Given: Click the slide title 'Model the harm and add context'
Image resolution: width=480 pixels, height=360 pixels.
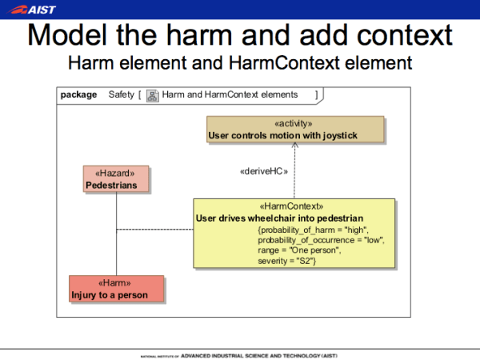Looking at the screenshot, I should (x=240, y=35).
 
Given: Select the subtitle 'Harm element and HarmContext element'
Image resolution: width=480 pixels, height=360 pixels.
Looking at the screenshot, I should (x=240, y=62).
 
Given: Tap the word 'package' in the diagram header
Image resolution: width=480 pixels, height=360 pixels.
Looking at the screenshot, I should (x=78, y=94).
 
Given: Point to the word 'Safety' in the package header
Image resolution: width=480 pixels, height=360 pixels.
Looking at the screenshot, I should (x=122, y=94).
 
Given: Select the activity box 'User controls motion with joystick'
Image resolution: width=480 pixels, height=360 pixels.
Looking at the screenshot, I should (x=295, y=130).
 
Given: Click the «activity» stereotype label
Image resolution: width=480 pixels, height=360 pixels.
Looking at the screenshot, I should (x=294, y=124).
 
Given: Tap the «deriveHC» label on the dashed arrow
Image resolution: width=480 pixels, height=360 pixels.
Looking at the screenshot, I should (x=263, y=170).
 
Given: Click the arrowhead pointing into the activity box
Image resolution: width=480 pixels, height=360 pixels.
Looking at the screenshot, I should (x=294, y=147).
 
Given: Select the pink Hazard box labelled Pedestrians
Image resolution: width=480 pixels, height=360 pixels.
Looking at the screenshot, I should (x=116, y=179).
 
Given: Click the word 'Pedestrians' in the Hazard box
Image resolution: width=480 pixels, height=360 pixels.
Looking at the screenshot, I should (x=111, y=186).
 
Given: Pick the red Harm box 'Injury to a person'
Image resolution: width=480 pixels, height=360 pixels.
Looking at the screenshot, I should (x=116, y=289).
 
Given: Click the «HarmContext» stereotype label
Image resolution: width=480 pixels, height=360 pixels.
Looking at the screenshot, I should (x=293, y=206).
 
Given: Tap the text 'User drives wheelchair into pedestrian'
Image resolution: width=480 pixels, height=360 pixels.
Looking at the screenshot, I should (x=279, y=218).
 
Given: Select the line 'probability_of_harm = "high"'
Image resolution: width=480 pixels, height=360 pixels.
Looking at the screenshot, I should (x=313, y=230).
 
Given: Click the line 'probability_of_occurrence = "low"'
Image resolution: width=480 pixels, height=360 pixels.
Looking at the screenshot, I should (x=321, y=240).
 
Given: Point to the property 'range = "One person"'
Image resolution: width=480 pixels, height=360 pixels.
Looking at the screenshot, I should (x=299, y=250).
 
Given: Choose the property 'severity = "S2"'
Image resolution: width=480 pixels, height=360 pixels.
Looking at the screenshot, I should (x=288, y=261).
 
